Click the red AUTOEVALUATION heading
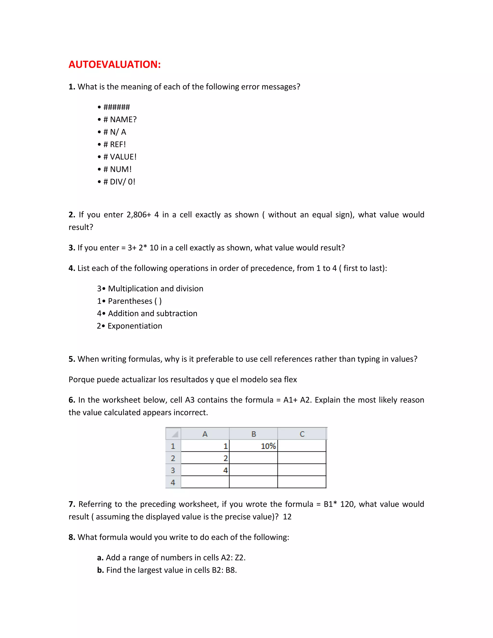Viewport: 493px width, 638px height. (x=115, y=64)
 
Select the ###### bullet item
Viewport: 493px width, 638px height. (x=116, y=107)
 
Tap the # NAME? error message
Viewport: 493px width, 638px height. (x=120, y=119)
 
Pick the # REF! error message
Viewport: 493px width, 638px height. (x=115, y=144)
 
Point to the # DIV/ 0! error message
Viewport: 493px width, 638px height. (x=119, y=182)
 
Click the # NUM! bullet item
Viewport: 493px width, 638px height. (x=117, y=169)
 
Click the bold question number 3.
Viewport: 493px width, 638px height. (x=71, y=248)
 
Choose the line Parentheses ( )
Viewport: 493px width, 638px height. (x=135, y=301)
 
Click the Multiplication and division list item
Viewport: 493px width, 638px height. (x=155, y=289)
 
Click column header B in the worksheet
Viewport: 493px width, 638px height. (x=253, y=434)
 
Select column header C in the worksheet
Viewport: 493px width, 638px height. (x=302, y=434)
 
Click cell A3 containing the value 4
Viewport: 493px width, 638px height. (x=205, y=470)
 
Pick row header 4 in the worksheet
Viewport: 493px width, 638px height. (x=173, y=482)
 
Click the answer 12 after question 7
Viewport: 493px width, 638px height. (x=287, y=517)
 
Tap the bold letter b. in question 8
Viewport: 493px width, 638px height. (x=100, y=570)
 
